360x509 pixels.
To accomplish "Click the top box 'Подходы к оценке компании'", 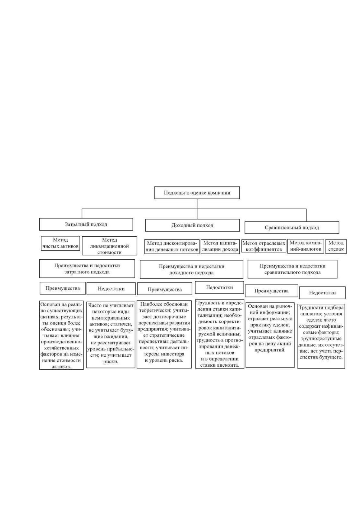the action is click(x=197, y=193).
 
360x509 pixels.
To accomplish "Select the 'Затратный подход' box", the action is click(x=86, y=224).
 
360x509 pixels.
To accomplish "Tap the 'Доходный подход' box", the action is click(x=192, y=225).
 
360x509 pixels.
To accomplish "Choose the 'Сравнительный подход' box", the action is click(x=292, y=228).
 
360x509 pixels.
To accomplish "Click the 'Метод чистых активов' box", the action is click(x=60, y=243).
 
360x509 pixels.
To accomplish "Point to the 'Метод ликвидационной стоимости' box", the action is click(x=109, y=246).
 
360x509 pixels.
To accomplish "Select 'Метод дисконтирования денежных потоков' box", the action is click(x=172, y=246).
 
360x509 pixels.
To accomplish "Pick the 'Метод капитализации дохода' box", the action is click(x=220, y=246).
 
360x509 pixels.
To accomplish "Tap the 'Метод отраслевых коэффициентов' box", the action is click(x=263, y=246).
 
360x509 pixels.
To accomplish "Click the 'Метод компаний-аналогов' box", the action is click(x=306, y=246).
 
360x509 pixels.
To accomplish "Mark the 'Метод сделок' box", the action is click(x=336, y=246).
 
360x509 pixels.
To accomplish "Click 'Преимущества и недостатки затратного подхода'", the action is click(x=87, y=269).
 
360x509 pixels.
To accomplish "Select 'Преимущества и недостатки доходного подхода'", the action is click(x=191, y=269).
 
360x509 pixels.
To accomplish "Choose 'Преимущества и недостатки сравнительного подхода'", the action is click(x=292, y=269).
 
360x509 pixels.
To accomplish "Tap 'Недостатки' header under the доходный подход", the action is click(x=219, y=287).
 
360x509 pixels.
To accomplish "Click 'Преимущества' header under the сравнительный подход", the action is click(x=271, y=291).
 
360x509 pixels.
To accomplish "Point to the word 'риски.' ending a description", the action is click(x=111, y=361).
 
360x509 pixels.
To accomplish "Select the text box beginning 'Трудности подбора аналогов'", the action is click(x=321, y=336).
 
